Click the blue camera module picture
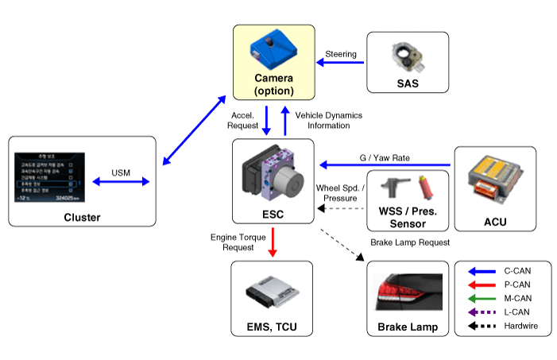point(273,49)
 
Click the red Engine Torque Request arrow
point(273,241)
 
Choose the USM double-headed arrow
point(121,182)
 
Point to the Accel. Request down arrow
point(268,120)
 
